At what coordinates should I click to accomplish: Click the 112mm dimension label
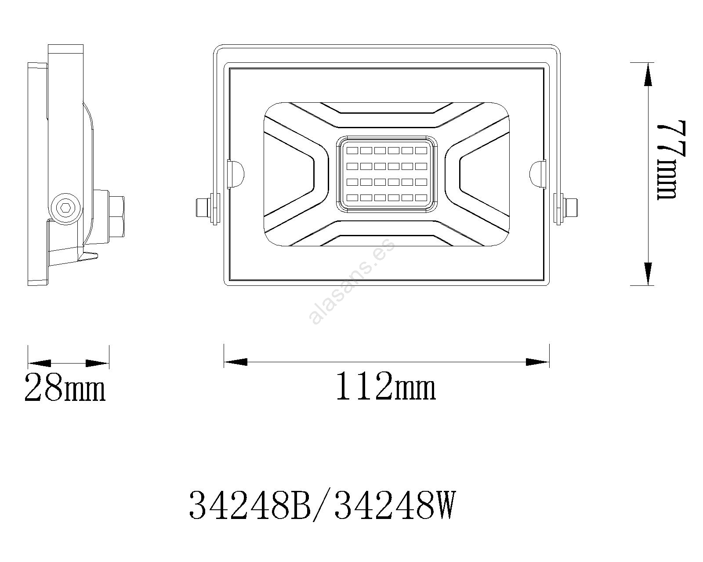pyautogui.click(x=386, y=385)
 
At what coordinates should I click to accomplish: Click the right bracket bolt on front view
pyautogui.click(x=565, y=209)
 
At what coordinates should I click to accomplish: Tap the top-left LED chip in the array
pyautogui.click(x=352, y=151)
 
